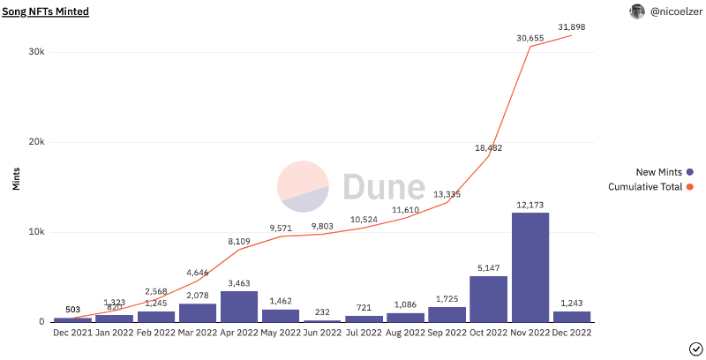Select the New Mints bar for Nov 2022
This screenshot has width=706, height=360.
coord(530,266)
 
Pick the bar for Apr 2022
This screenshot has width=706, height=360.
coord(238,306)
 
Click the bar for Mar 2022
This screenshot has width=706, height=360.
coord(197,312)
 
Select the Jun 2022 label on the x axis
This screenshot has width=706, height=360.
coord(322,333)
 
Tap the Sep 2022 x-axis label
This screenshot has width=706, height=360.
coord(447,333)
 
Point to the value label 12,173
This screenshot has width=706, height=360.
coord(530,205)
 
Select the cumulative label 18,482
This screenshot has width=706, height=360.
coord(488,147)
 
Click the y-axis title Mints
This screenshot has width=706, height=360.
coord(15,179)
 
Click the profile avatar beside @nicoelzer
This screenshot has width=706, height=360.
coord(637,11)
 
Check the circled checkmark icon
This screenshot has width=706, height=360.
coord(695,348)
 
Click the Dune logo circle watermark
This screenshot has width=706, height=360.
coord(304,187)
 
